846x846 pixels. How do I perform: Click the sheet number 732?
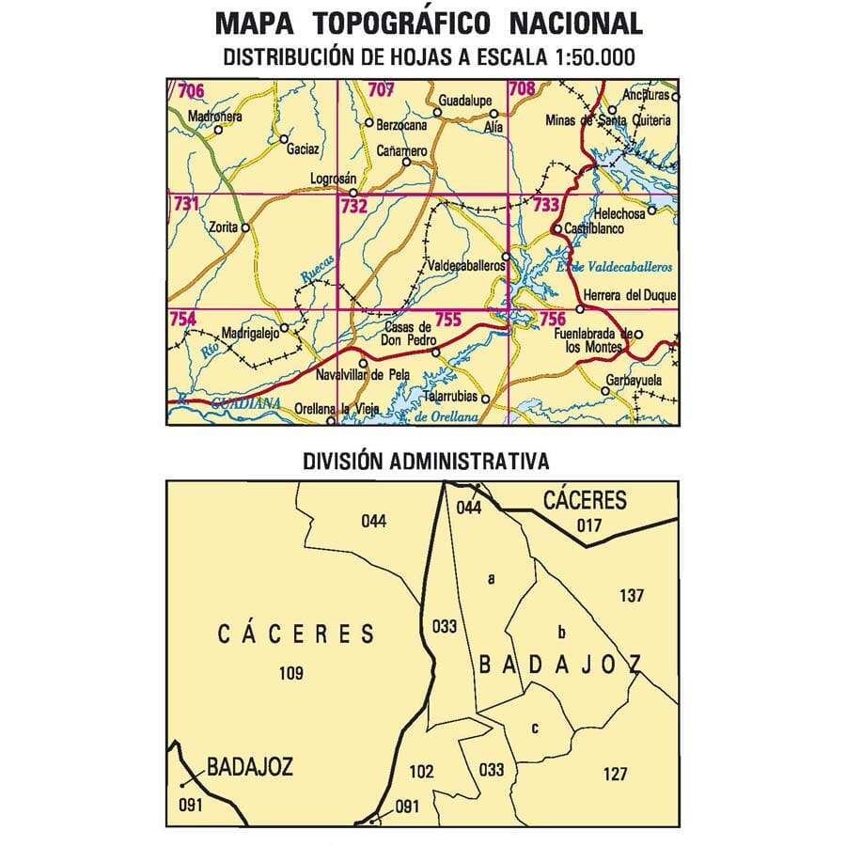(353, 205)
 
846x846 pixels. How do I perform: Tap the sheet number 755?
(447, 320)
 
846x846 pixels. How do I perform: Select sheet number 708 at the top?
(521, 90)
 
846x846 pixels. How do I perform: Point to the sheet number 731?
(185, 203)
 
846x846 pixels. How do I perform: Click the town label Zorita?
(223, 227)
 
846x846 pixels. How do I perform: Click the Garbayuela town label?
(634, 380)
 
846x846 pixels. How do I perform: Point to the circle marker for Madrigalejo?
(284, 328)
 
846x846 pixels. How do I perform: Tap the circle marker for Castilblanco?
(556, 228)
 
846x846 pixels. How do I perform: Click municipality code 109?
(292, 672)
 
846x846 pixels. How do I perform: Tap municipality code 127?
(615, 774)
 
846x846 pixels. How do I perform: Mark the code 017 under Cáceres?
(588, 525)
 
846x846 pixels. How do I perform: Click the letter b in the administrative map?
(561, 632)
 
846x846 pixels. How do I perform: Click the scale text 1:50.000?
(587, 57)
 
